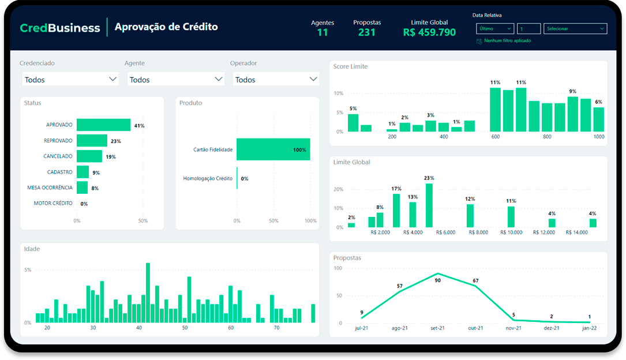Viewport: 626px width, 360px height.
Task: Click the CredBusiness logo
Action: coord(60,28)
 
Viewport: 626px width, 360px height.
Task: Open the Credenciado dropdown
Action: coord(70,80)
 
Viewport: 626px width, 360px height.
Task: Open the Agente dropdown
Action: coord(175,80)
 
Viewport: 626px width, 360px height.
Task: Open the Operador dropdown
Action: coord(276,80)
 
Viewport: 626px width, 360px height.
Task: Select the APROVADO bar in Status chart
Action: coord(103,125)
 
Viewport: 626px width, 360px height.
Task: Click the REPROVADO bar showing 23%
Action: coord(92,141)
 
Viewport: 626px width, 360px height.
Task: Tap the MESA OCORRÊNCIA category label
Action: coord(50,187)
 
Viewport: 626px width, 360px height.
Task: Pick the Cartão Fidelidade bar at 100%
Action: coord(273,149)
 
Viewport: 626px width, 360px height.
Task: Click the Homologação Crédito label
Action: coord(208,178)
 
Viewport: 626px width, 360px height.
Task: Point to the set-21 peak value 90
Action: coord(438,280)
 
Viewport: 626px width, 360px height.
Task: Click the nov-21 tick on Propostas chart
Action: coord(513,328)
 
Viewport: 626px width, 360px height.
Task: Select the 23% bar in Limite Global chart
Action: coord(429,205)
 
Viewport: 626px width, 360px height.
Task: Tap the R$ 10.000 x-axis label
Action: coord(511,232)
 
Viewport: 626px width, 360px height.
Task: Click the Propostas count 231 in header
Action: coord(366,32)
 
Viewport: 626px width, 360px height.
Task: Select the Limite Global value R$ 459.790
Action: coord(429,32)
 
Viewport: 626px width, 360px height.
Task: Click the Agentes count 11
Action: coord(322,32)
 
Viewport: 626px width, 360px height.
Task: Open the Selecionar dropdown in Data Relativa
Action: coord(575,28)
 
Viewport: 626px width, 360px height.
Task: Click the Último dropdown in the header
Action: coord(494,28)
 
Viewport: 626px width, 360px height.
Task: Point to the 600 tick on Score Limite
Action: coord(496,137)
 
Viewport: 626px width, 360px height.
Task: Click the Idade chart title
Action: coord(32,249)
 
